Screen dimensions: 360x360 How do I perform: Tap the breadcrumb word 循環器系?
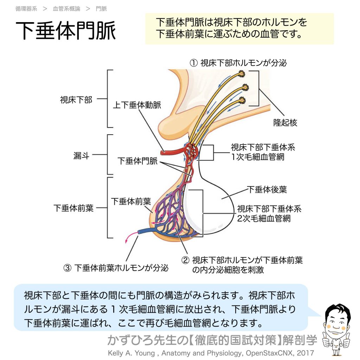(x=26, y=9)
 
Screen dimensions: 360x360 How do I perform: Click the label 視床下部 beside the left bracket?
(x=76, y=100)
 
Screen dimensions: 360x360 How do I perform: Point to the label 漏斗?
(x=81, y=156)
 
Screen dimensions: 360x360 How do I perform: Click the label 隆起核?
(x=285, y=123)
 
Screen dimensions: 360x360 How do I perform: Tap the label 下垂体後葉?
(x=267, y=189)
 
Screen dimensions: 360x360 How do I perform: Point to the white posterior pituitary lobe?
(x=197, y=207)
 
